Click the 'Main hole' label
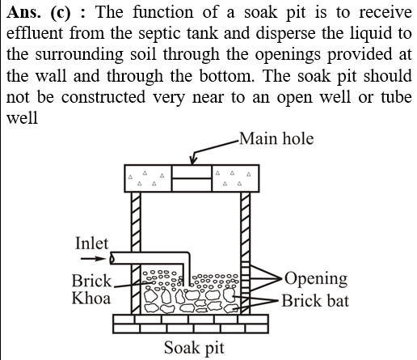[276, 139]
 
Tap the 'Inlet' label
[91, 244]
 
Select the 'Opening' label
[316, 279]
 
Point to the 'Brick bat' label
[315, 301]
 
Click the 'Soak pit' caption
[194, 348]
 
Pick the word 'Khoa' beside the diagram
[91, 299]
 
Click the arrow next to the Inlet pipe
[93, 259]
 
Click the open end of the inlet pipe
[112, 259]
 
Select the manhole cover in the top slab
[192, 178]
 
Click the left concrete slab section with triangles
[148, 178]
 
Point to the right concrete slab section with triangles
[236, 178]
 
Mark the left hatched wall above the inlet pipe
[136, 222]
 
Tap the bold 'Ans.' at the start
[23, 12]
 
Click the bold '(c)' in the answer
[61, 13]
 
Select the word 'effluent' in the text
[35, 33]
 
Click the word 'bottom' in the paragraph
[226, 75]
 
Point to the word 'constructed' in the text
[103, 97]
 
